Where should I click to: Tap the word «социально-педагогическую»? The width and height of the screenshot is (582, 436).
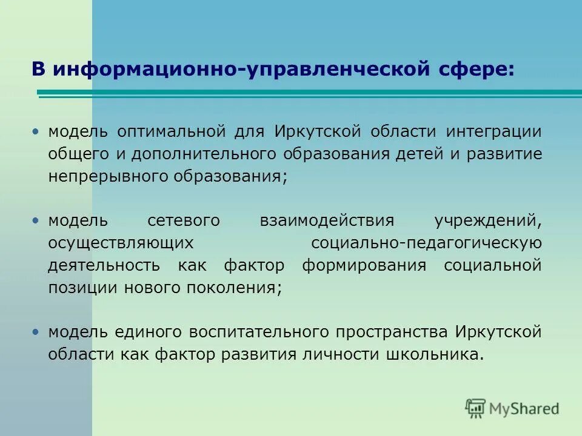426,243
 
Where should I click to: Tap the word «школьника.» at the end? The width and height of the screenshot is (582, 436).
435,354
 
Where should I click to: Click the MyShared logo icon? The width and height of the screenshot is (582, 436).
476,408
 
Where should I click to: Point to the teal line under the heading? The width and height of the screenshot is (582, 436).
309,93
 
